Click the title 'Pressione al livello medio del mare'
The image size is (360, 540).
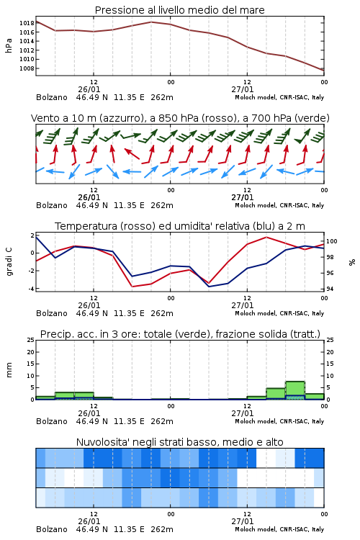click(179, 10)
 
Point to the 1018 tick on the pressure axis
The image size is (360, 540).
click(27, 23)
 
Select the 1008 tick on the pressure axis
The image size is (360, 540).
click(27, 68)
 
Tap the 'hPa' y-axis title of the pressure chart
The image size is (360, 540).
click(9, 45)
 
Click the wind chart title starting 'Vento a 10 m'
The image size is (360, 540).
click(180, 118)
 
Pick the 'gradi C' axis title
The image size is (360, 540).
click(9, 261)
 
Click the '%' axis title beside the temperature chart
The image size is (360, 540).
click(352, 262)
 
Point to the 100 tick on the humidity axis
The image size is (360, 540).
click(331, 241)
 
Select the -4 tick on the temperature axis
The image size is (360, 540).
click(31, 289)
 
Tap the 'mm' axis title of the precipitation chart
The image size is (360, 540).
click(9, 370)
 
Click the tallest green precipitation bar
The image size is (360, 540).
click(295, 390)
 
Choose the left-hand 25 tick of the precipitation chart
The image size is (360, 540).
click(31, 340)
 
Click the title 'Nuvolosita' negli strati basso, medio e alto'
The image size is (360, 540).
click(179, 442)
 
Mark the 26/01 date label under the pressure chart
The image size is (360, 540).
click(89, 89)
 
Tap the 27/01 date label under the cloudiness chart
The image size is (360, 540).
click(243, 521)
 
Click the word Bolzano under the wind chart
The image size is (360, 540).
click(52, 205)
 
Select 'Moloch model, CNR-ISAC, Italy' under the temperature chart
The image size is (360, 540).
click(279, 313)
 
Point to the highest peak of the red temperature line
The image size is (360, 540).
click(266, 237)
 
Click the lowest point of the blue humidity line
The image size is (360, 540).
click(209, 287)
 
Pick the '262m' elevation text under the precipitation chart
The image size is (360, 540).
click(162, 421)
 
